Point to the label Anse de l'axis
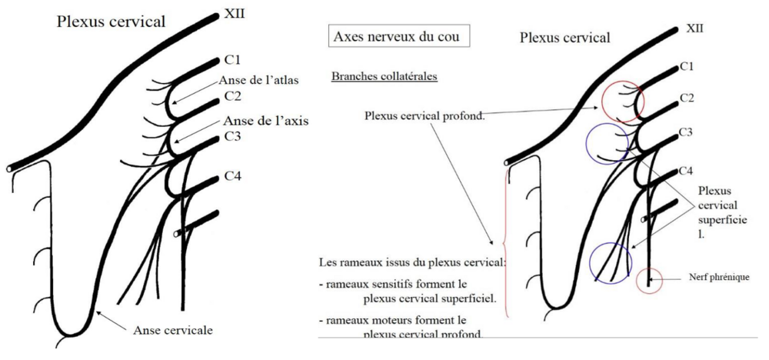[x=261, y=122]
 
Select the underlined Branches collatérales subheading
[x=384, y=78]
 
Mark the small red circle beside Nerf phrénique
[x=650, y=279]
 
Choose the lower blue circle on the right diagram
[x=610, y=262]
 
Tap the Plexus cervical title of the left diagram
[x=111, y=22]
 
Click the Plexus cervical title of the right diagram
[x=564, y=37]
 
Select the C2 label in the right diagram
[x=688, y=99]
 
